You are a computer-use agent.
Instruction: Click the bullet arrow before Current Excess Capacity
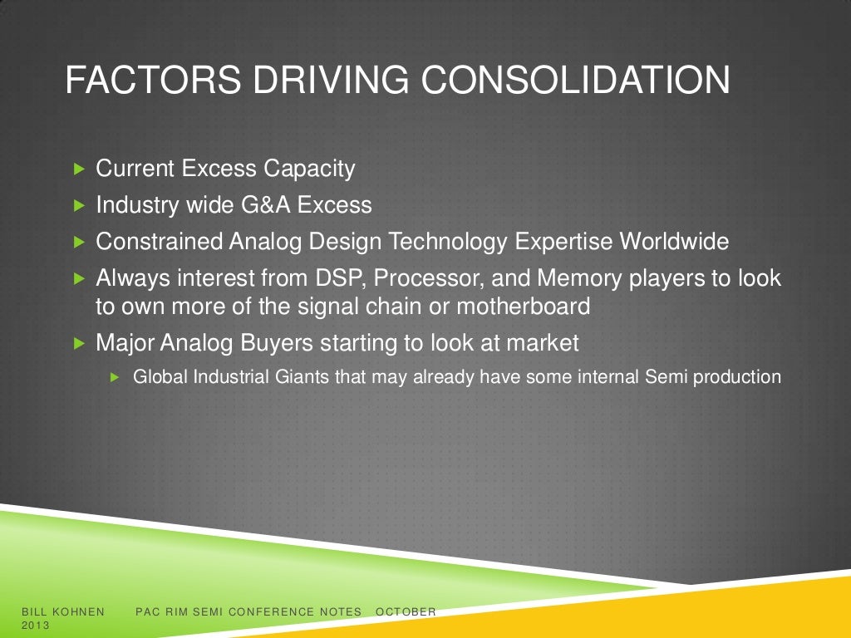coord(80,169)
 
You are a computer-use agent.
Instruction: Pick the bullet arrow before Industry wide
coord(80,205)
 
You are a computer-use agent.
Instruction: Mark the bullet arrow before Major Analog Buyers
coord(80,341)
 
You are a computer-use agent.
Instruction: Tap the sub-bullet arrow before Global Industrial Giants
coord(116,377)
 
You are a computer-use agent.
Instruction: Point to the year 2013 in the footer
coord(36,625)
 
